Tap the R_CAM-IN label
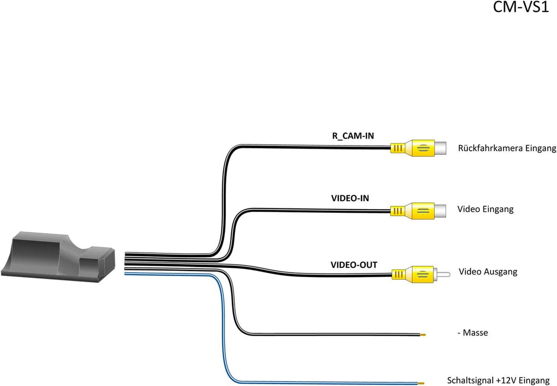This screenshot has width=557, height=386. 353,136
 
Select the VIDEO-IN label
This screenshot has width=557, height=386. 350,198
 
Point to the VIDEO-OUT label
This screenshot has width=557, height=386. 354,265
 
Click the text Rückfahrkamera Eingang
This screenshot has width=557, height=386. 507,149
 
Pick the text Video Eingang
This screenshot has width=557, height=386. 485,210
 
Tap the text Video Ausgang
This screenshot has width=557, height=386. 487,271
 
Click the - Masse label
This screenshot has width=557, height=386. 473,333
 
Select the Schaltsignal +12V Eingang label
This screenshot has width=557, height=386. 498,380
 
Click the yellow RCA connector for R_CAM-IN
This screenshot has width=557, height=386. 413,149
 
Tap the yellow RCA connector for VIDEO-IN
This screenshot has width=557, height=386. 413,210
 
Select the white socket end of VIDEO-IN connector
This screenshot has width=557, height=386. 441,210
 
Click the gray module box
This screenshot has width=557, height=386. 59,258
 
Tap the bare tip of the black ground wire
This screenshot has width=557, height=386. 423,334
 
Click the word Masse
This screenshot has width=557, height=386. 476,333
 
